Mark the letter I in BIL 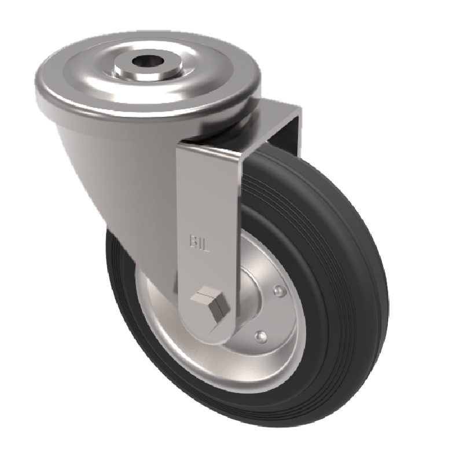tap(200, 240)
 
